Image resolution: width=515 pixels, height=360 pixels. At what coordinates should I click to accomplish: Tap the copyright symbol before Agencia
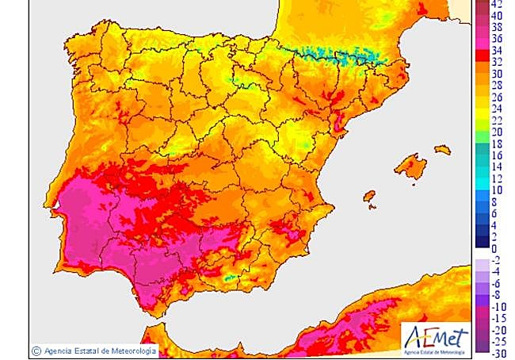[x=36, y=349]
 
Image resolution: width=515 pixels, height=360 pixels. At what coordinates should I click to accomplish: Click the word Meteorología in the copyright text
[x=132, y=349]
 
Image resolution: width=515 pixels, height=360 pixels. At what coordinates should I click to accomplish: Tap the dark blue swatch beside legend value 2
[x=481, y=237]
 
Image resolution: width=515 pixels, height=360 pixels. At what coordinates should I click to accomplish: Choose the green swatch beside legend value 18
[x=481, y=144]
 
